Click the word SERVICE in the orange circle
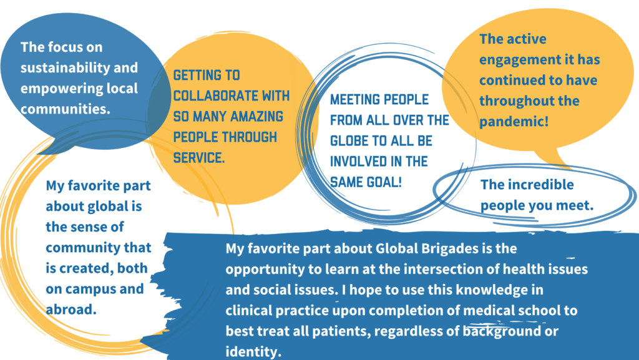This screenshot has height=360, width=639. [199, 158]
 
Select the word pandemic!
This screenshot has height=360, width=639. [514, 122]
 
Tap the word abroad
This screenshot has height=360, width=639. [71, 309]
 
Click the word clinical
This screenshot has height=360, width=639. [248, 310]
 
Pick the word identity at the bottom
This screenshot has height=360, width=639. [251, 351]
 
